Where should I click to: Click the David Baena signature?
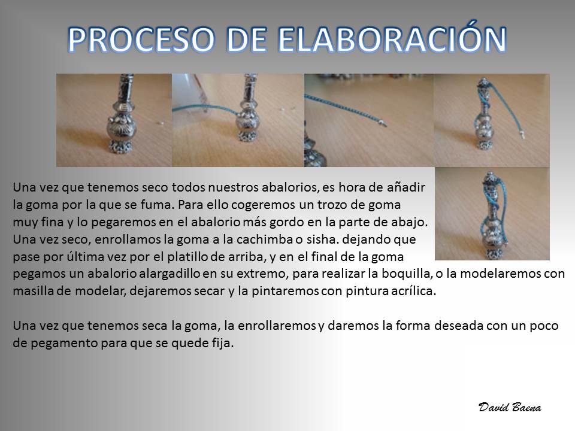click(510, 407)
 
